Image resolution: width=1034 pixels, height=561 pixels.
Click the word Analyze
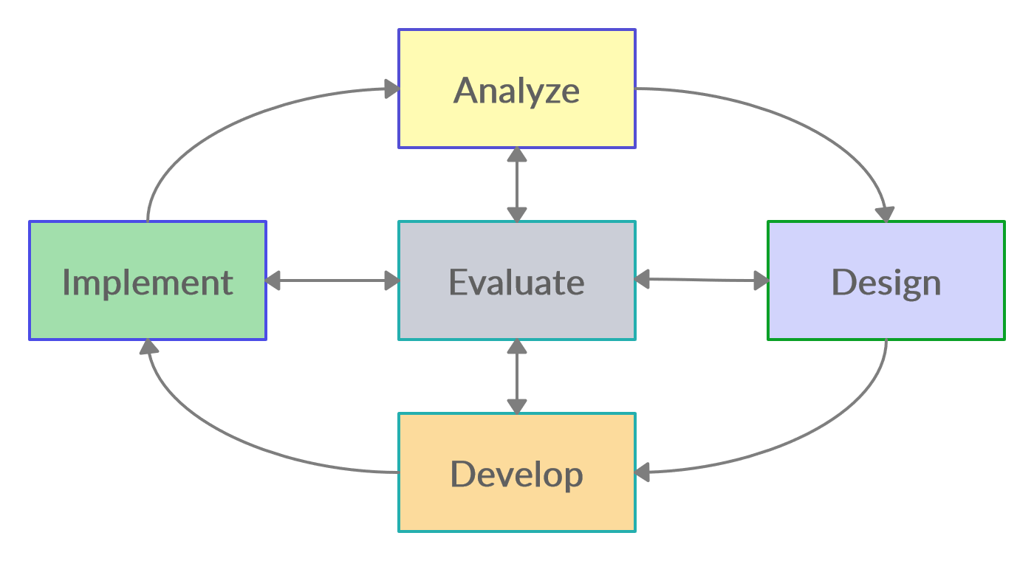tap(516, 91)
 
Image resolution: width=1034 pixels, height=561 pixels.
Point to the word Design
tap(886, 282)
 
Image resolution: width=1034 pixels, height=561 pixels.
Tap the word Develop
tap(516, 475)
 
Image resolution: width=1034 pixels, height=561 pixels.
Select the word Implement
tap(148, 282)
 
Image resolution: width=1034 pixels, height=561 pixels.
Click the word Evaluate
tap(516, 282)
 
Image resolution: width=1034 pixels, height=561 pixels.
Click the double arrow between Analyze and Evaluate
tap(517, 185)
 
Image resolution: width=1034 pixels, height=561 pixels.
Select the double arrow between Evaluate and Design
tap(702, 280)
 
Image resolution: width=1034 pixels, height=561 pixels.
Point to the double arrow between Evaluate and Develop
tap(517, 376)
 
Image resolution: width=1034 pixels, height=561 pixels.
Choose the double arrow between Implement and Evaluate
tap(332, 280)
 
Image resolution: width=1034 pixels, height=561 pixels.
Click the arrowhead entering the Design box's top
tap(885, 214)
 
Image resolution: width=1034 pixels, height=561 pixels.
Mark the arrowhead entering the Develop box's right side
tap(643, 472)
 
